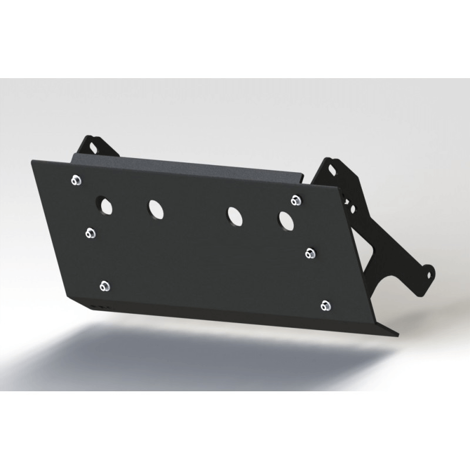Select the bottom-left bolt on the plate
tap(105, 286)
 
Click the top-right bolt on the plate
tap(296, 200)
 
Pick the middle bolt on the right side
tap(311, 253)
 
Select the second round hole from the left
tap(156, 208)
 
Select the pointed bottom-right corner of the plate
tap(397, 335)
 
